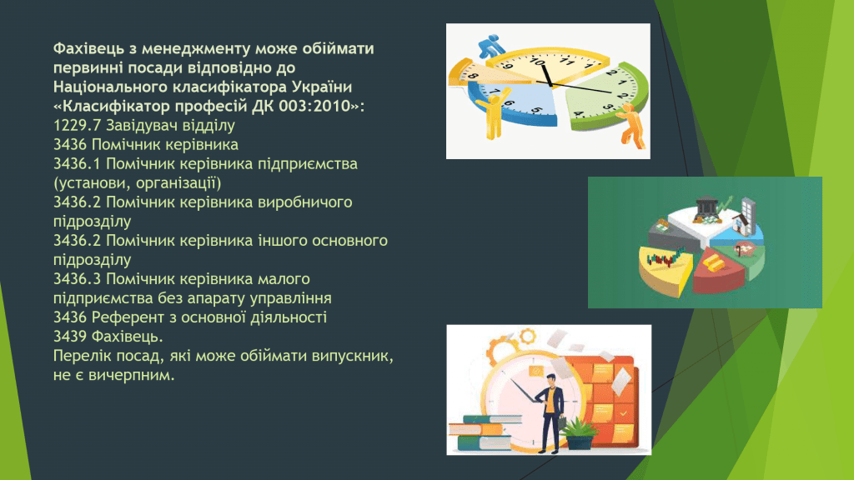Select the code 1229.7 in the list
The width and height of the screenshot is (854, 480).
pyautogui.click(x=77, y=125)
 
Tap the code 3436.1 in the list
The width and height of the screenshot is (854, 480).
pyautogui.click(x=77, y=164)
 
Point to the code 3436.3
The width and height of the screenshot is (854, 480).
pyautogui.click(x=77, y=279)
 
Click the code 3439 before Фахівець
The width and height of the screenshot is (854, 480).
pyautogui.click(x=70, y=337)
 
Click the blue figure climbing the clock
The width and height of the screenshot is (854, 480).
pyautogui.click(x=492, y=46)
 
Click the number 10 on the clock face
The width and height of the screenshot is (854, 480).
pyautogui.click(x=538, y=62)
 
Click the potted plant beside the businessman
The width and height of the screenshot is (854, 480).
pyautogui.click(x=580, y=433)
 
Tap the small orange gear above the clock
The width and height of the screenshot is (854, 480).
pyautogui.click(x=527, y=336)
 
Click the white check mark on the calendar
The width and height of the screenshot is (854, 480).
pyautogui.click(x=624, y=414)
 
